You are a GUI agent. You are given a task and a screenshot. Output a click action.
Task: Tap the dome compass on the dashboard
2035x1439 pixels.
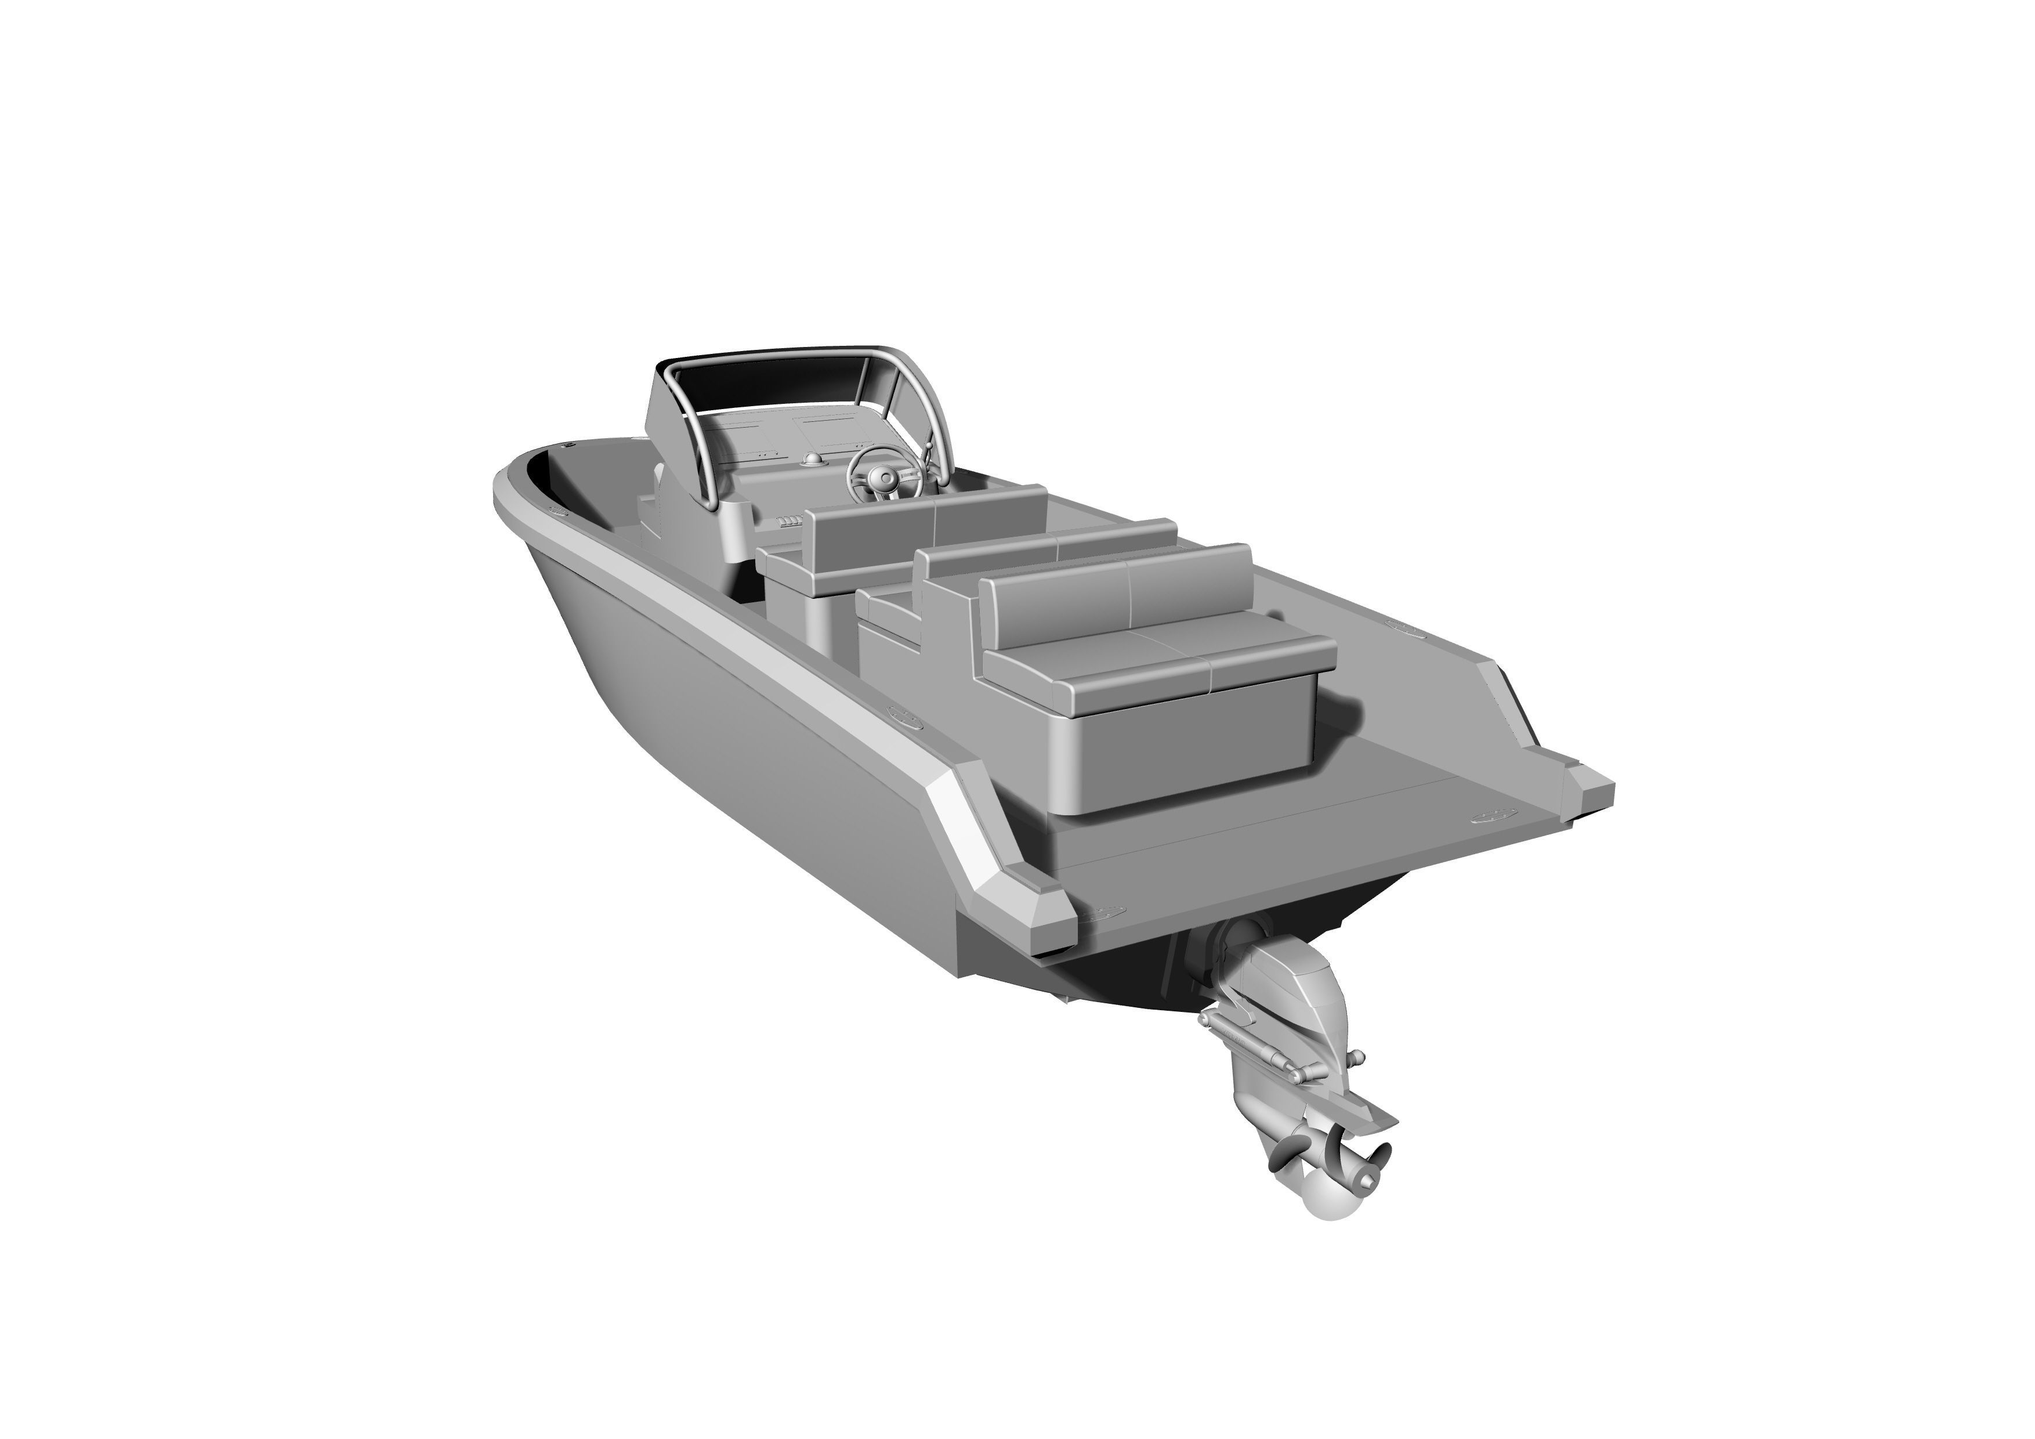812,460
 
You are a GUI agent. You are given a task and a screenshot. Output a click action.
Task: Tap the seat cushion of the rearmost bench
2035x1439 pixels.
1161,660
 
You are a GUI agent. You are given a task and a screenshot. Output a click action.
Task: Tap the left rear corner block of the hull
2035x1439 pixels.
1033,913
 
